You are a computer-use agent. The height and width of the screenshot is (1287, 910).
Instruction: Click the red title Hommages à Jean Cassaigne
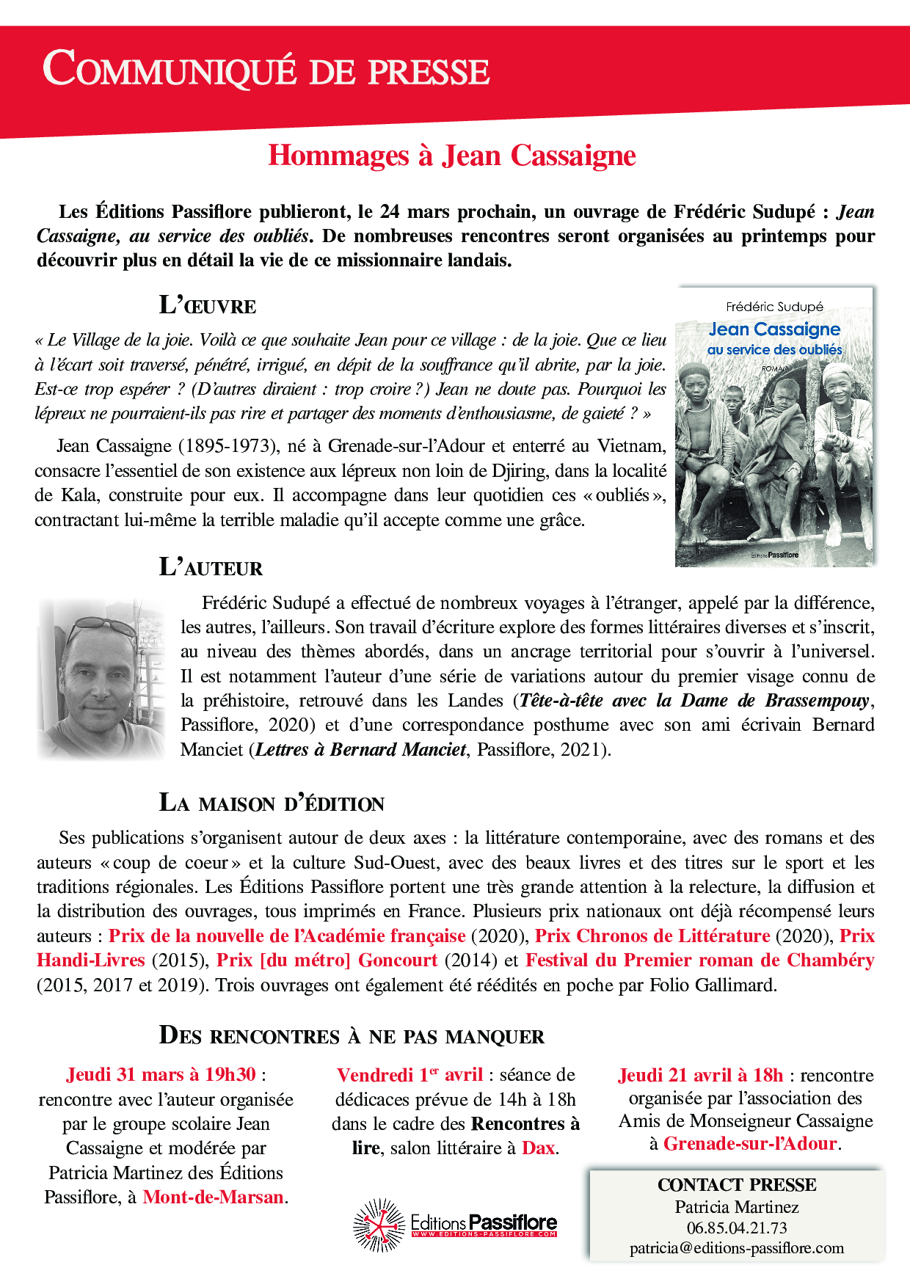point(451,156)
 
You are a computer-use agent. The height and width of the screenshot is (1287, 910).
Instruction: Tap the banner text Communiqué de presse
point(266,70)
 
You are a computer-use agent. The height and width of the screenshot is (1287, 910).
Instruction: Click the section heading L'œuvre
point(208,305)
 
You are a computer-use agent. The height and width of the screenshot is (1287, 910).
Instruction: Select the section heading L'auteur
point(211,567)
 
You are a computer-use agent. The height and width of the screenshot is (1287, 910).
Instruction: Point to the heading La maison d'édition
point(272,803)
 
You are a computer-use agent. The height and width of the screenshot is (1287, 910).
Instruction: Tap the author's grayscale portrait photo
point(102,679)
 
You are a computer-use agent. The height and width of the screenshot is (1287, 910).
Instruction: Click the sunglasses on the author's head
point(100,626)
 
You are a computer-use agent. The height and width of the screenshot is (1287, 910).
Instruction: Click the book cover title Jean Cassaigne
point(774,329)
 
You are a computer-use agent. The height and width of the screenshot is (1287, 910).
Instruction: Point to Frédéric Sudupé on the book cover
point(774,307)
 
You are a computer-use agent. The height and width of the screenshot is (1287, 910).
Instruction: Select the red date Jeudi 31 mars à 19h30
point(161,1075)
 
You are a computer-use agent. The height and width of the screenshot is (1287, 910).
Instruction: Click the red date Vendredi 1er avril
point(409,1075)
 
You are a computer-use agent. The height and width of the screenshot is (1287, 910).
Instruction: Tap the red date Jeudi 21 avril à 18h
point(700,1075)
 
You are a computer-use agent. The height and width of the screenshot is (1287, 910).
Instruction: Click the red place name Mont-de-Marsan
point(213,1197)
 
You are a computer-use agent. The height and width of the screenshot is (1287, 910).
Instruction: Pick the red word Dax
point(538,1148)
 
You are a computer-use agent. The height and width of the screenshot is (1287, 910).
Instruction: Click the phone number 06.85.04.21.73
point(736,1228)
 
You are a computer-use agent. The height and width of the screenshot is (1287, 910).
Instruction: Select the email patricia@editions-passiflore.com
point(736,1248)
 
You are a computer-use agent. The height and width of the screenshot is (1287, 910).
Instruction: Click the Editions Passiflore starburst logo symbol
point(379,1225)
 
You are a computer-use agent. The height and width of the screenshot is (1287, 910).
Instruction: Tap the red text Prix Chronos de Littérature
point(652,936)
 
